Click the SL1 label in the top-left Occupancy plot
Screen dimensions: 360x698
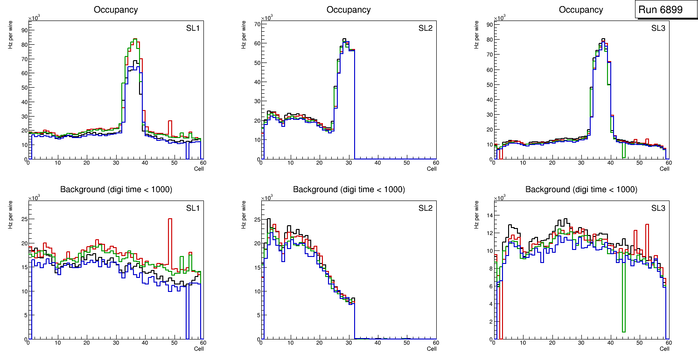193,28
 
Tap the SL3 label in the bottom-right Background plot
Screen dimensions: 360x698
658,208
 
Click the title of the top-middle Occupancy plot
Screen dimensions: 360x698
349,10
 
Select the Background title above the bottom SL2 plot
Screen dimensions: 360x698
349,189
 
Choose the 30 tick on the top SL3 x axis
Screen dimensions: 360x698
581,163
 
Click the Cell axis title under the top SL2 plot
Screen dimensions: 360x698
432,169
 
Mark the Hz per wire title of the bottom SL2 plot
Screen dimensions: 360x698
244,215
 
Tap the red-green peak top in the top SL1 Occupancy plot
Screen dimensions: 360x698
134,39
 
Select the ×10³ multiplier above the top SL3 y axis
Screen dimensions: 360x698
499,18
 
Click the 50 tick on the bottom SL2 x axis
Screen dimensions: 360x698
407,343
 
